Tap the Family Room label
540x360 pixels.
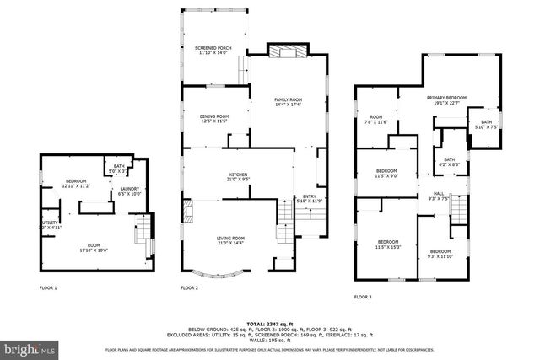288,102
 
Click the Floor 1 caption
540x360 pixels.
48,287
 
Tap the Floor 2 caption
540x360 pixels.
189,287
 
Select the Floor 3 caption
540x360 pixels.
363,297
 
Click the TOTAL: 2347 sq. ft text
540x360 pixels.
269,324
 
